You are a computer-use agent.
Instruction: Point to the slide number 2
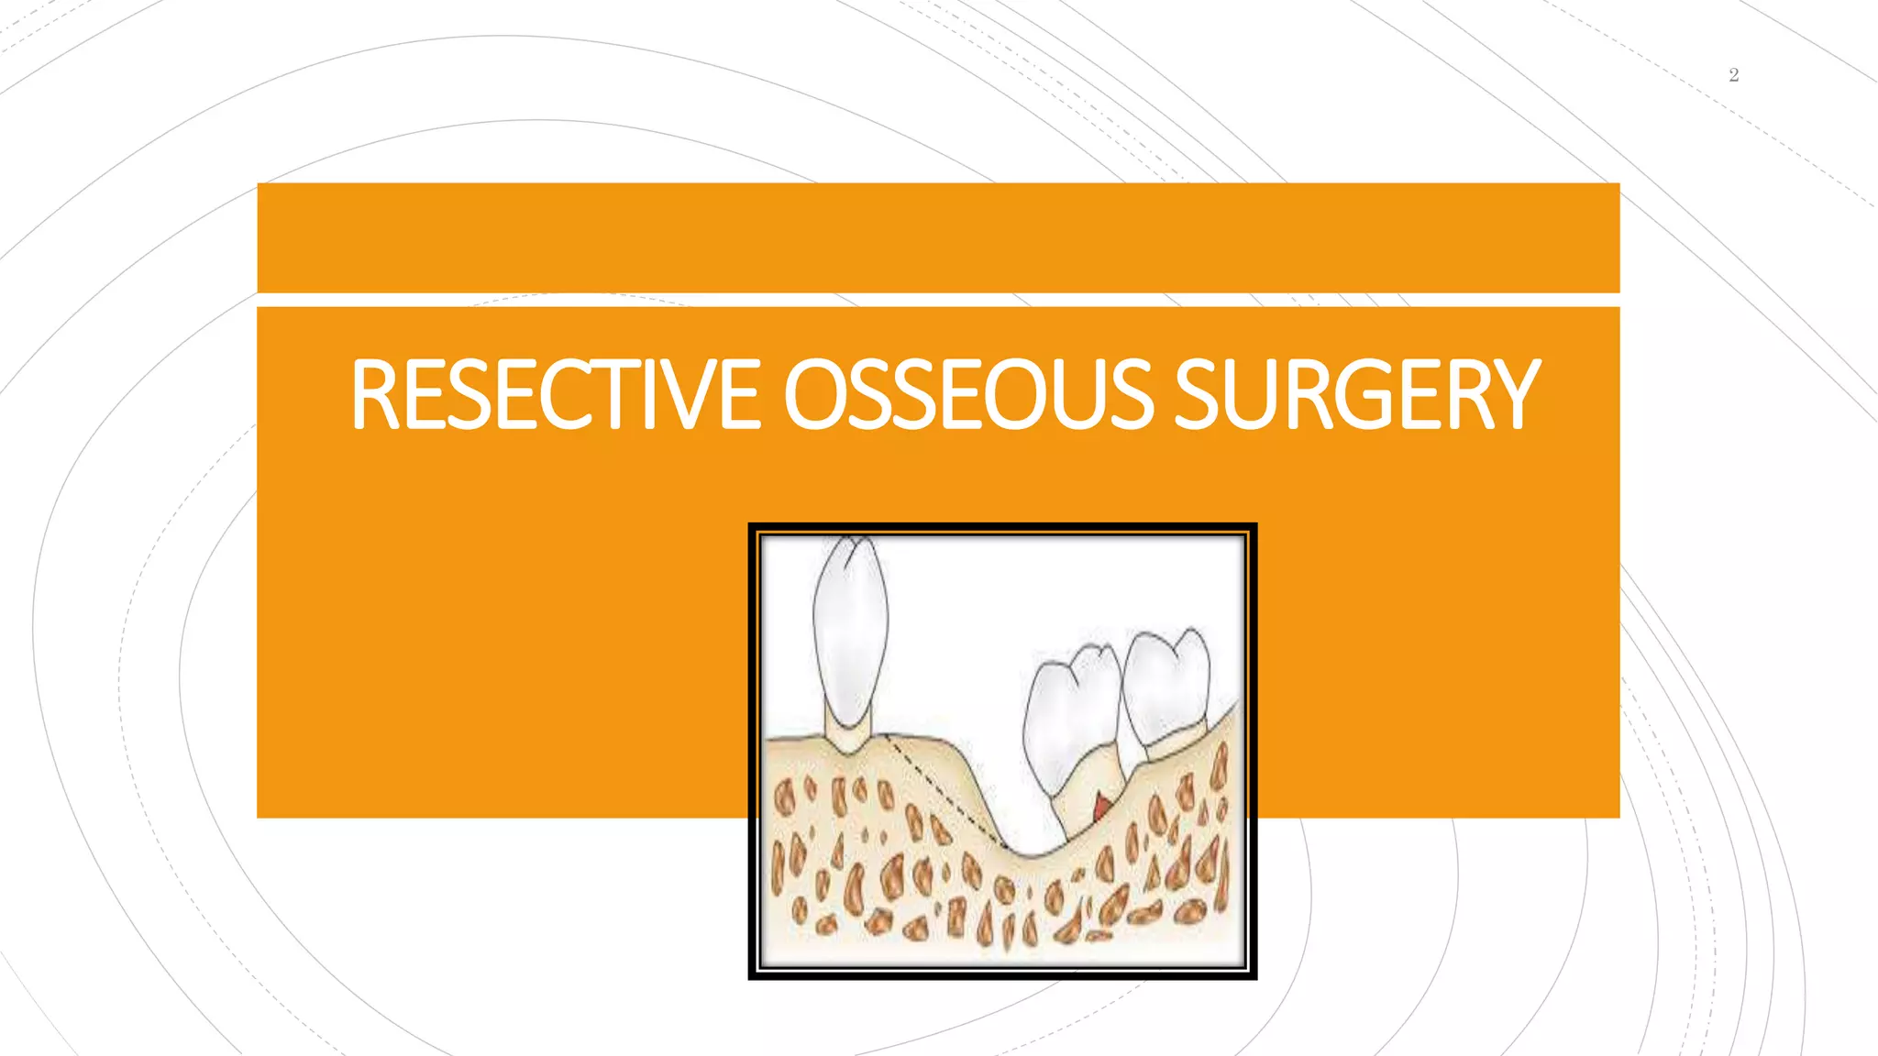click(1733, 75)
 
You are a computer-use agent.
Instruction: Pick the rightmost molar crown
click(1166, 683)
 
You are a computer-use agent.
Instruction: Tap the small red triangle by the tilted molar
click(1100, 807)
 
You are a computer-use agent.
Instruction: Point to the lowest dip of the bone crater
click(1032, 854)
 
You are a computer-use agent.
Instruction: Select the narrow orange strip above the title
click(937, 237)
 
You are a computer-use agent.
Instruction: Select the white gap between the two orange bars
click(937, 300)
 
